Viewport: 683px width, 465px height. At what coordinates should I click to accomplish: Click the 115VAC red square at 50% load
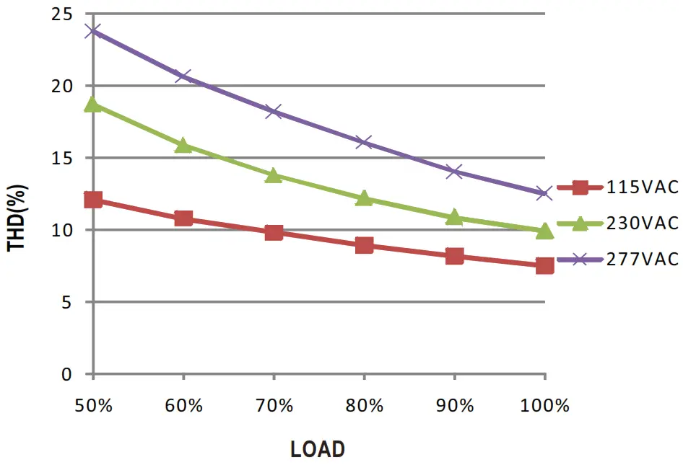click(93, 200)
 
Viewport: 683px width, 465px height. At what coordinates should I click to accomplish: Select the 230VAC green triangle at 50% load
click(93, 105)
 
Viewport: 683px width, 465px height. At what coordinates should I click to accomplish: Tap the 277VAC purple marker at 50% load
click(93, 31)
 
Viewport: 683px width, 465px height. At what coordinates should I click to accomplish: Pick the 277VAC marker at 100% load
click(544, 193)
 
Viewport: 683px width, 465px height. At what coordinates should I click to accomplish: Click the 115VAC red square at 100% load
click(544, 265)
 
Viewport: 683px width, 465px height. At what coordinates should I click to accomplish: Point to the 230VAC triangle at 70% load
click(274, 175)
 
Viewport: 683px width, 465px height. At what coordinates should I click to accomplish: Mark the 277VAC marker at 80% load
click(364, 142)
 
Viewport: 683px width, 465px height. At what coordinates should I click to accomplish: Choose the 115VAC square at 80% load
click(364, 245)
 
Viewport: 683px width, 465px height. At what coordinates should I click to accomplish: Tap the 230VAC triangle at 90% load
click(454, 217)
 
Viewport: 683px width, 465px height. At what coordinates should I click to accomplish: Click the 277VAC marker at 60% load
click(183, 76)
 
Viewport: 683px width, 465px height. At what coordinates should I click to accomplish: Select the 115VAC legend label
click(643, 187)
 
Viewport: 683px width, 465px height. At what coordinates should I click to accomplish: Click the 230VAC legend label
click(643, 223)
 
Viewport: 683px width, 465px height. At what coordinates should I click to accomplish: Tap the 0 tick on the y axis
click(67, 374)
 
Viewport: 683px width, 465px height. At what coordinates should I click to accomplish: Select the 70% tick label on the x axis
click(274, 406)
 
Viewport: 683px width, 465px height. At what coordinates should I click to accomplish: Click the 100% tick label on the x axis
click(545, 406)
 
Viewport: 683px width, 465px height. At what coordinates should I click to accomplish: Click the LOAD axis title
click(318, 450)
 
